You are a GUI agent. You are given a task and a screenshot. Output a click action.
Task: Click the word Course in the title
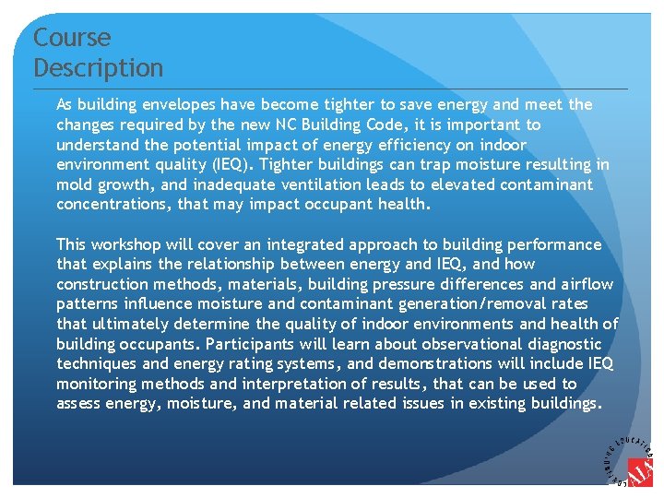pyautogui.click(x=72, y=38)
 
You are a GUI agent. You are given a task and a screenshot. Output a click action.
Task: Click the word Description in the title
pyautogui.click(x=98, y=68)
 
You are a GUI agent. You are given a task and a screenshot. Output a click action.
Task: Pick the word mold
pyautogui.click(x=76, y=184)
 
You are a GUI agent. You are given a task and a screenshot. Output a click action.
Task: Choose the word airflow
pyautogui.click(x=586, y=284)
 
